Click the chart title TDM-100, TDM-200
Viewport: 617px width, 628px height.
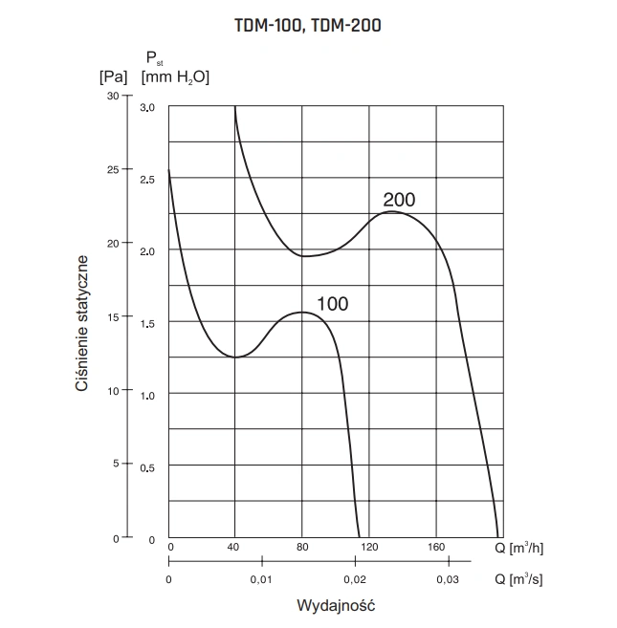[x=307, y=26]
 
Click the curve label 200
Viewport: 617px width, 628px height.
[x=399, y=200]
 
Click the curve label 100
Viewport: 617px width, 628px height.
[x=332, y=305]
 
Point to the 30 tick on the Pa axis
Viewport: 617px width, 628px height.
[x=114, y=96]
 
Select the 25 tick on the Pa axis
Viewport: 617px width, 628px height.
[x=114, y=169]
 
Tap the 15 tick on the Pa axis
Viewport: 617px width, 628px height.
[x=114, y=316]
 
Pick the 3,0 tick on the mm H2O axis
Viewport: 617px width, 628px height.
[x=147, y=108]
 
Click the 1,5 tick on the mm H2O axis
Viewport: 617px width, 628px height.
[x=147, y=324]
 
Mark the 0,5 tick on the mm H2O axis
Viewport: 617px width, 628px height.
[x=147, y=467]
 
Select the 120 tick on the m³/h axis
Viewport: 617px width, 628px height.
[x=369, y=548]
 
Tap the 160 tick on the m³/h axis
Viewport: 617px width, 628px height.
[x=436, y=548]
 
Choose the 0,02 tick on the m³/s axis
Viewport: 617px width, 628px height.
[x=354, y=580]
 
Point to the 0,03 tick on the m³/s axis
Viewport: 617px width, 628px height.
[x=447, y=580]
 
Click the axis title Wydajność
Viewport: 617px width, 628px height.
[x=331, y=606]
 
